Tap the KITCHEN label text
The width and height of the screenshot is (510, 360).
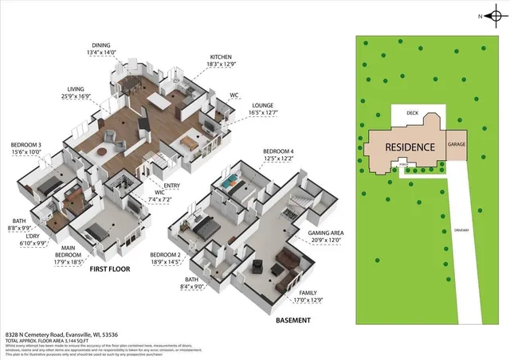click(221, 57)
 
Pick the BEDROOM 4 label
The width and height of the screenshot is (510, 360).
click(279, 151)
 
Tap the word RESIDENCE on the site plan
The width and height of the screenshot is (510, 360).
click(410, 147)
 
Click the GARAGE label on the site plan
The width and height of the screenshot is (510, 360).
click(457, 145)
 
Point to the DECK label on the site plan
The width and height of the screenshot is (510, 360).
click(412, 113)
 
